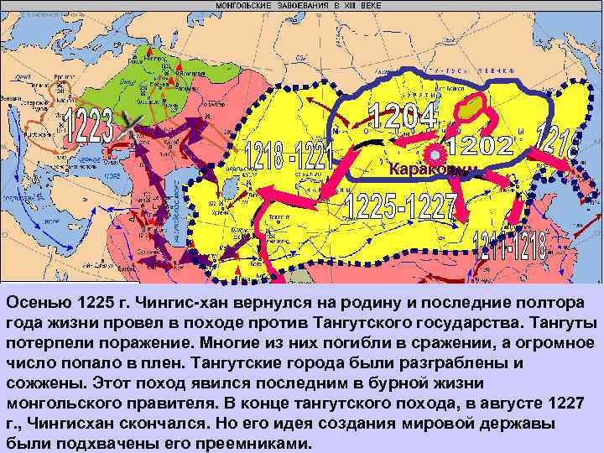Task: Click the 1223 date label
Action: pyautogui.click(x=88, y=126)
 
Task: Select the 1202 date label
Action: pyautogui.click(x=479, y=145)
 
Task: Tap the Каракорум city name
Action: pyautogui.click(x=433, y=169)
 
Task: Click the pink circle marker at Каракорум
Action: pyautogui.click(x=435, y=154)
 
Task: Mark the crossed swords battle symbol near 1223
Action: pyautogui.click(x=128, y=128)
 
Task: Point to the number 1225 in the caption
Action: pyautogui.click(x=105, y=302)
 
